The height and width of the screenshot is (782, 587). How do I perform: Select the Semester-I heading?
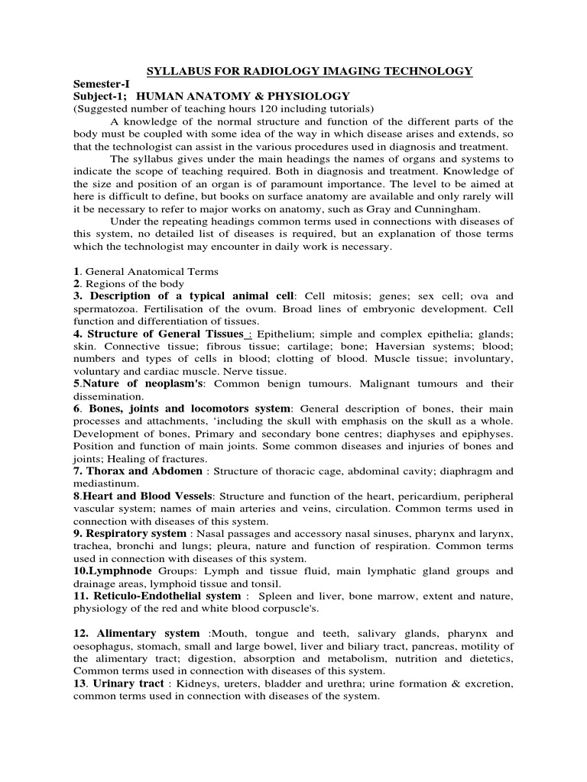click(99, 83)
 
